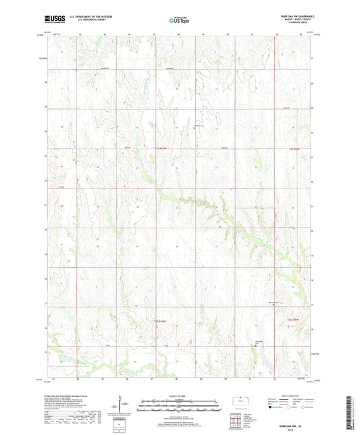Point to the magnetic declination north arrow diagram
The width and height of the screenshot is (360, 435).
[x=121, y=405]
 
